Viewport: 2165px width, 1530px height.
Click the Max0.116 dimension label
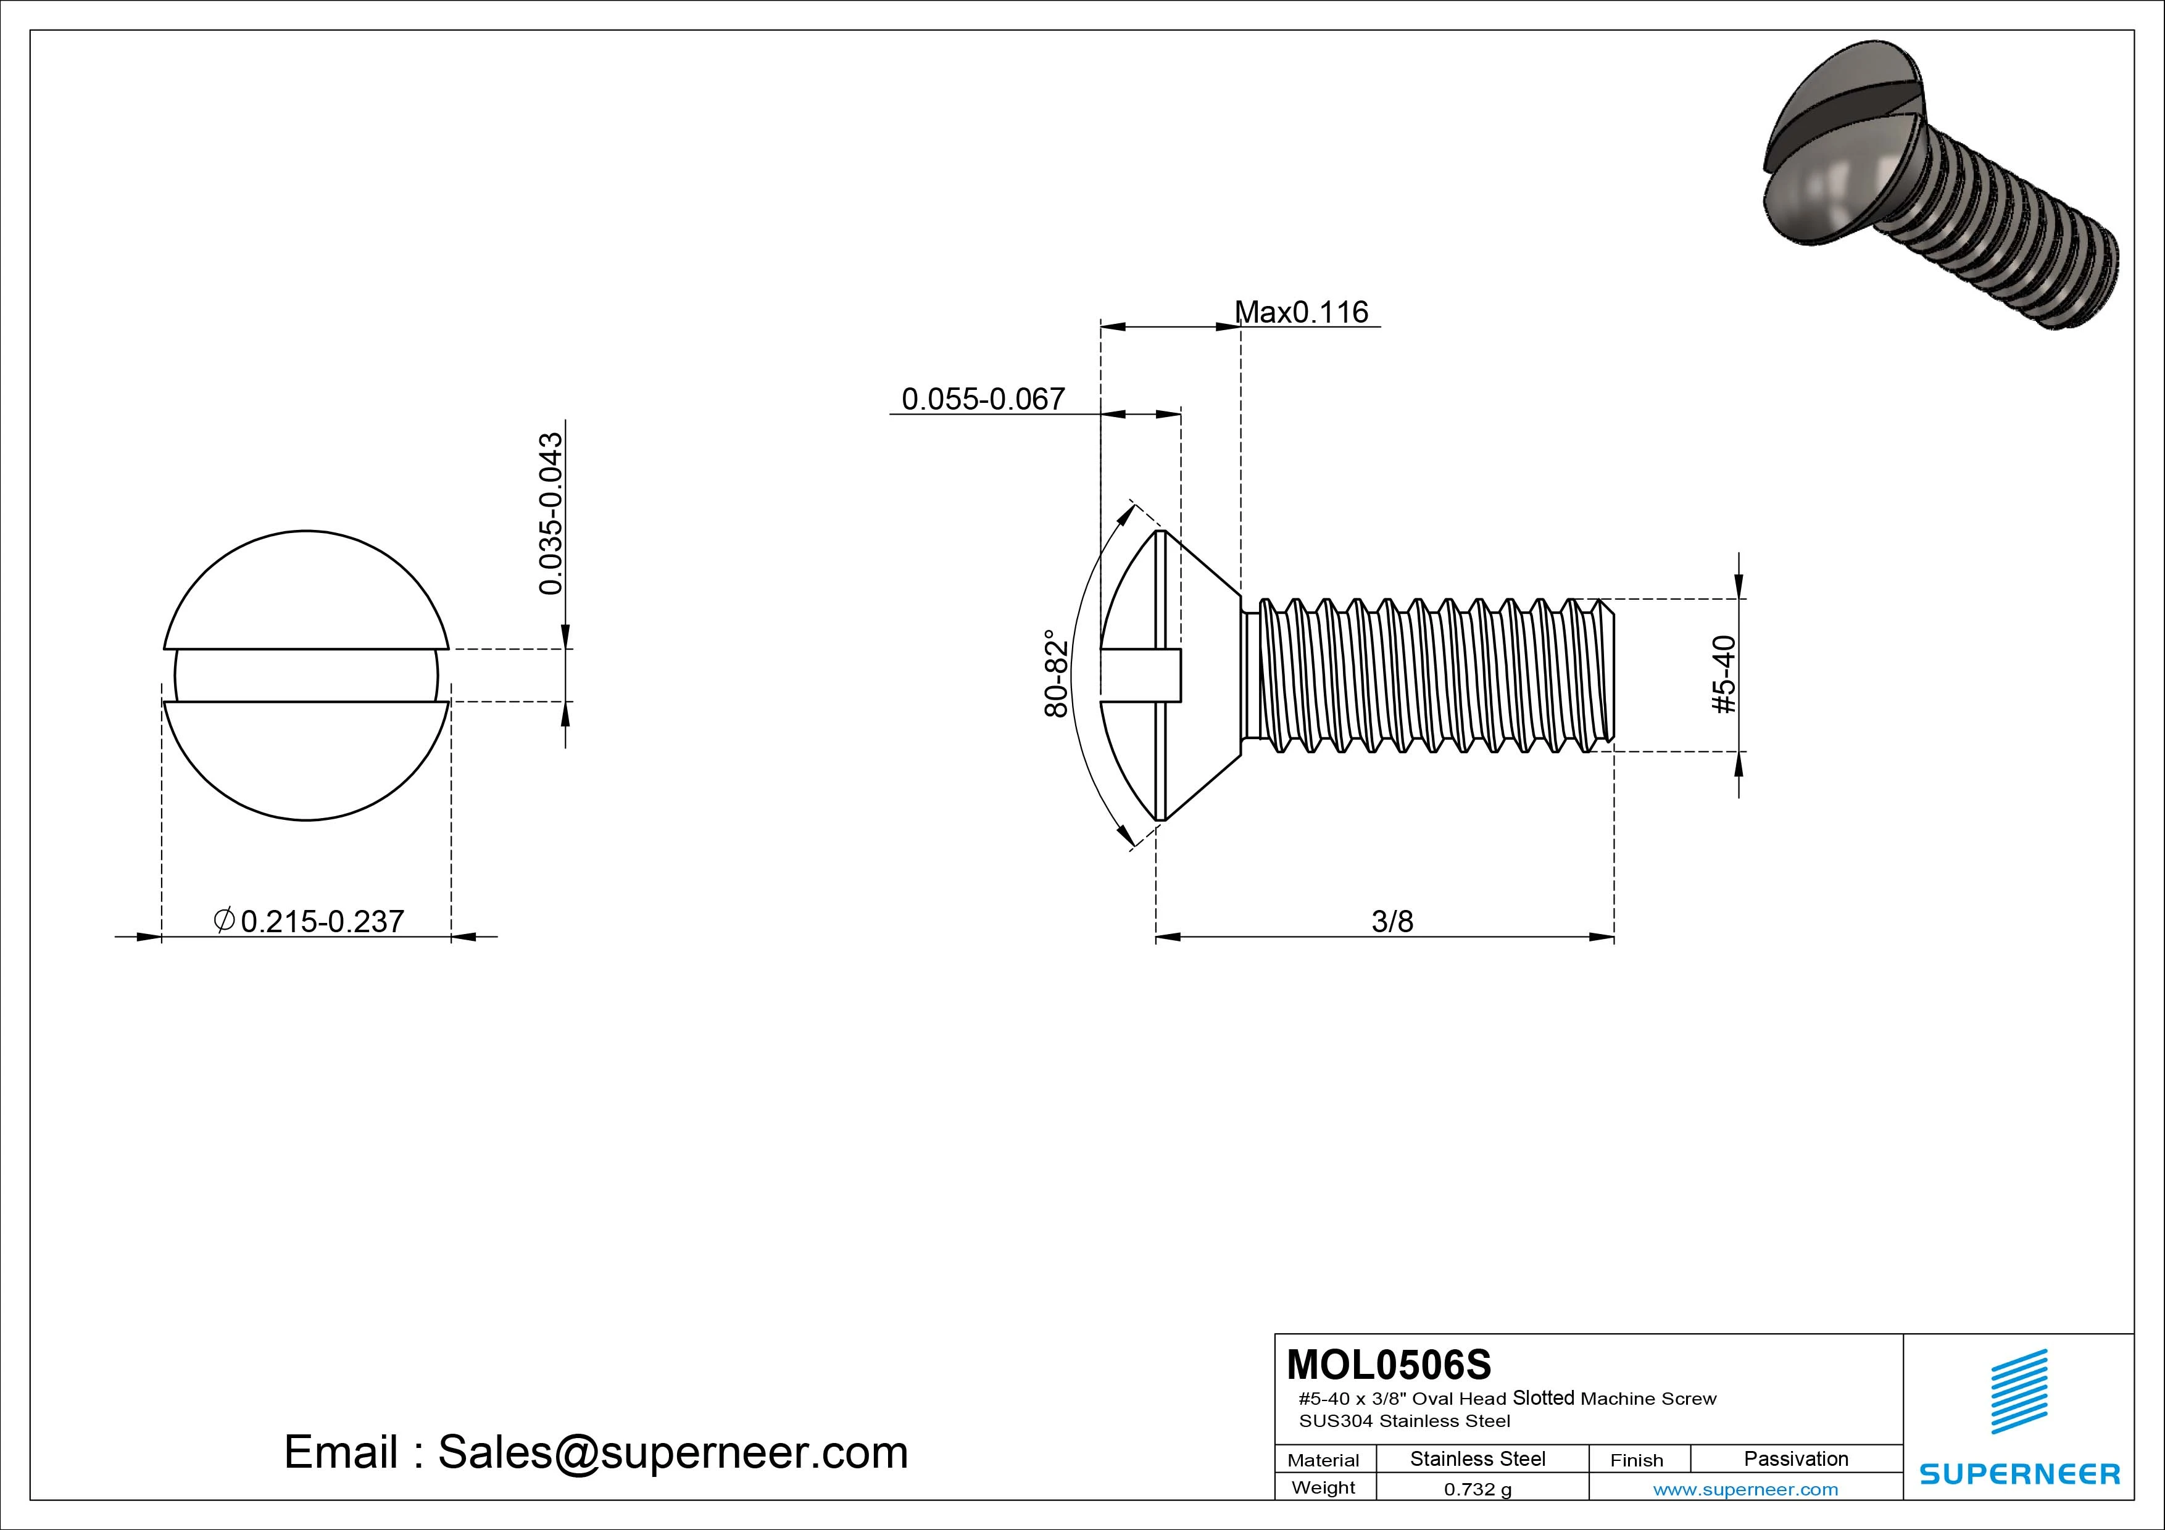[x=1301, y=312]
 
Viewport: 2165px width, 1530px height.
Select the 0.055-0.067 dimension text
[x=983, y=400]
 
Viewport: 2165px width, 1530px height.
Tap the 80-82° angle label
[x=1057, y=674]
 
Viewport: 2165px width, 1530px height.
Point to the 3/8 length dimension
[x=1392, y=921]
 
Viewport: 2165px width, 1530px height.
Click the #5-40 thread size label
[x=1724, y=675]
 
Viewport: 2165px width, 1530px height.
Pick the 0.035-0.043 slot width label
[x=551, y=514]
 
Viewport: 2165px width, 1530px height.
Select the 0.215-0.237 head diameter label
[x=323, y=921]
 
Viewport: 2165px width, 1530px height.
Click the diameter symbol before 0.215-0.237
[x=225, y=919]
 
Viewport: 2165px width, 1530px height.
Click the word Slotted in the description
[x=1544, y=1398]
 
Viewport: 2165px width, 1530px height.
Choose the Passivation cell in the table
[x=1795, y=1458]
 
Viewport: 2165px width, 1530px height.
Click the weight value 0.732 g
[x=1477, y=1489]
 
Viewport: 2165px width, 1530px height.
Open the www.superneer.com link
[x=1745, y=1489]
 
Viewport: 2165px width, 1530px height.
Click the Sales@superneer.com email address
[x=672, y=1453]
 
